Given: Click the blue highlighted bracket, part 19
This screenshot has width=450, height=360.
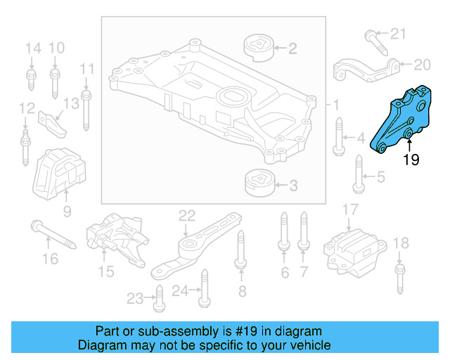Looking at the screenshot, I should [404, 120].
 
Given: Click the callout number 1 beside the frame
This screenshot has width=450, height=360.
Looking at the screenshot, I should [336, 105].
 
